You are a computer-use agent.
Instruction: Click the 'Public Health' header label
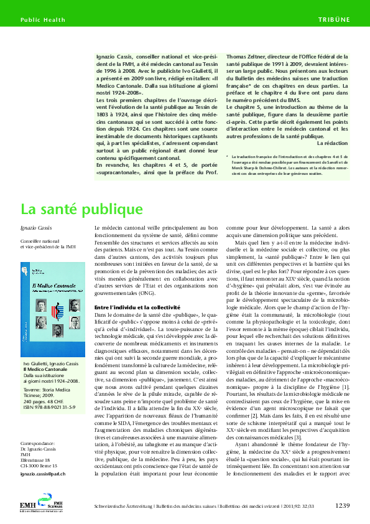click(x=42, y=20)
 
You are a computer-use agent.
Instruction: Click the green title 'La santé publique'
click(x=81, y=208)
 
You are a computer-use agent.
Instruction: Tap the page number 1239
click(x=345, y=505)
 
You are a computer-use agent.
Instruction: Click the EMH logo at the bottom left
click(x=47, y=502)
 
